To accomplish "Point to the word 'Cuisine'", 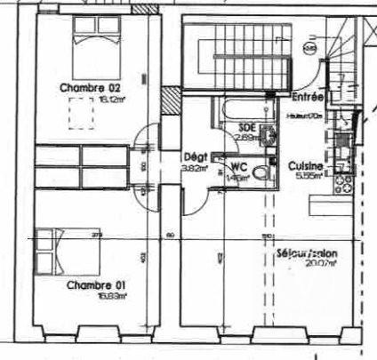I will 306,165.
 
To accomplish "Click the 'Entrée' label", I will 307,97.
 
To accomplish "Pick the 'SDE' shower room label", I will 247,127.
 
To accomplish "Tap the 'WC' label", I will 237,166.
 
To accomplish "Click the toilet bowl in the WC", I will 261,172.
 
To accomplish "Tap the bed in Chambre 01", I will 62,251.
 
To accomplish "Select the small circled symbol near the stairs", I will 309,48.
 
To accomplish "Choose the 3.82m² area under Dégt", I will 194,166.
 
